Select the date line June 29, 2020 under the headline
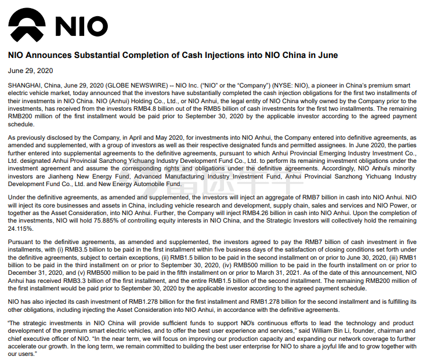[30, 71]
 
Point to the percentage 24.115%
[20, 229]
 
